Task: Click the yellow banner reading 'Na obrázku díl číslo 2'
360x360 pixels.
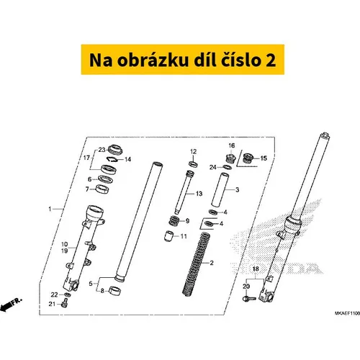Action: tap(183, 60)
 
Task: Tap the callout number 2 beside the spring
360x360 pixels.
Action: tap(212, 263)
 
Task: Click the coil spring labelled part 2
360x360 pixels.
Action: tap(196, 264)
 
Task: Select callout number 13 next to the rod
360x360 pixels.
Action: tap(199, 194)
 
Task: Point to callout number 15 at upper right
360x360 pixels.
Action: tap(264, 158)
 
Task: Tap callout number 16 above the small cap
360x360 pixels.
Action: tap(232, 145)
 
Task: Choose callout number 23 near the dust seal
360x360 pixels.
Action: tap(102, 150)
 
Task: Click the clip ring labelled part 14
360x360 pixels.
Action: tap(112, 159)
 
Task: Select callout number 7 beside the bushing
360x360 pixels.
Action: tap(87, 189)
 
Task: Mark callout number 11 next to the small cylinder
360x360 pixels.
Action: tap(184, 236)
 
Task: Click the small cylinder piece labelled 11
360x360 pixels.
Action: tap(168, 235)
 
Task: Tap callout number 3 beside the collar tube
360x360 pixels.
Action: tap(238, 190)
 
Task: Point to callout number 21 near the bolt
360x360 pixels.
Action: tap(52, 304)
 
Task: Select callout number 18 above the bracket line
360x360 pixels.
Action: tap(256, 269)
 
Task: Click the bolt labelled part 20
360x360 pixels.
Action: tap(249, 299)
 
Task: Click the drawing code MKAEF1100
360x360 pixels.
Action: tap(348, 313)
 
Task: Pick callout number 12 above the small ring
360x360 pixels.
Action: tap(193, 152)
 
